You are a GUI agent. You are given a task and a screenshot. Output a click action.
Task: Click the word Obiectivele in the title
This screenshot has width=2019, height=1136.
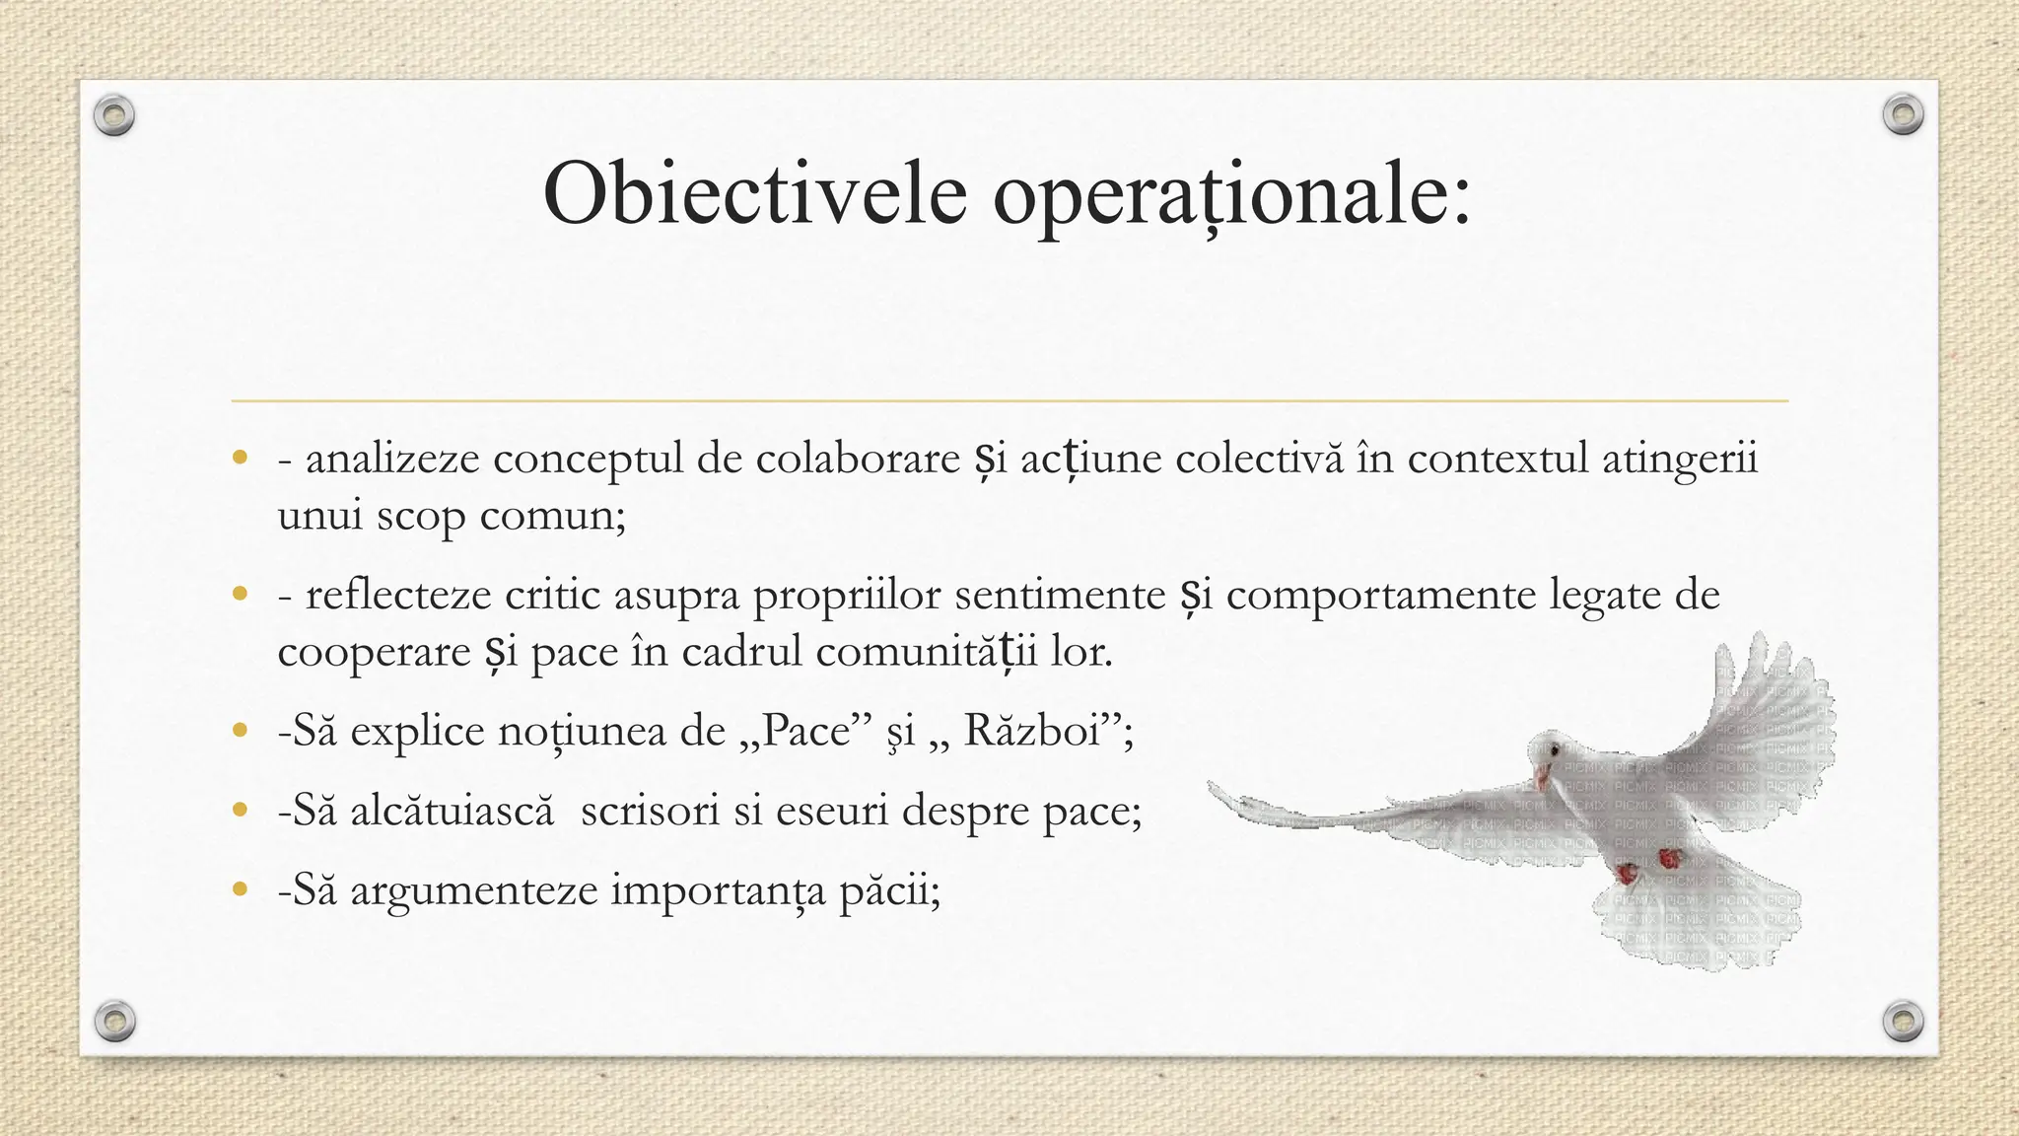(x=754, y=193)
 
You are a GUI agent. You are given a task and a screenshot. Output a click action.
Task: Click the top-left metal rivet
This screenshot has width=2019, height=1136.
(x=114, y=116)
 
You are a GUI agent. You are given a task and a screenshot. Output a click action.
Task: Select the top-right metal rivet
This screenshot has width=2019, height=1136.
(x=1903, y=115)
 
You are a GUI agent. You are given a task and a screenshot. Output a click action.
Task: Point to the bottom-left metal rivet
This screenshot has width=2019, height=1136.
(x=114, y=1021)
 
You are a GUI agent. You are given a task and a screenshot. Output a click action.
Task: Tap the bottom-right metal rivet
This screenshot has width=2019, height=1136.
(x=1903, y=1021)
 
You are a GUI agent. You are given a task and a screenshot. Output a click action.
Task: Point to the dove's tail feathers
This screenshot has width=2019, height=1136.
(x=1696, y=932)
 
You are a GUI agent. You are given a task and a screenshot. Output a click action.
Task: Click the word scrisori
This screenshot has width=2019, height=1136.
(x=651, y=811)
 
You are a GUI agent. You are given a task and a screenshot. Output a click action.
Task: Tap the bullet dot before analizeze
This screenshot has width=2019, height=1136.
(x=239, y=458)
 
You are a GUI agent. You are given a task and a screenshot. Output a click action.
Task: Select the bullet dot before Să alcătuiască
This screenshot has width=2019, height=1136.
(x=239, y=811)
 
